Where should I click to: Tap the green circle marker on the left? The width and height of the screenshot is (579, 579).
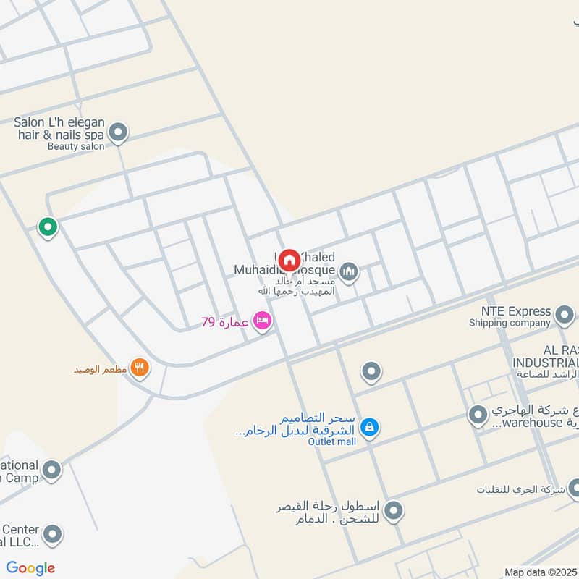(48, 227)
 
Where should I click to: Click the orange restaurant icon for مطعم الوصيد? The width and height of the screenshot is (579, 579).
(140, 368)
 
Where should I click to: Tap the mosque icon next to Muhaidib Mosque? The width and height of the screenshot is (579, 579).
(350, 271)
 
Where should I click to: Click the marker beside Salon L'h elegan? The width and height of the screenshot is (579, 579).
(118, 132)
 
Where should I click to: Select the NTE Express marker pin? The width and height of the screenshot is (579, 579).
(564, 314)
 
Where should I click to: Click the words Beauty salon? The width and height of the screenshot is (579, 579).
(76, 145)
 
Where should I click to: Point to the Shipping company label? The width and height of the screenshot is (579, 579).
(511, 324)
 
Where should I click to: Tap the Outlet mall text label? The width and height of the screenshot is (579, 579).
(332, 441)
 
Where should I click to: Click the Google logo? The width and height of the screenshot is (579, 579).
(30, 568)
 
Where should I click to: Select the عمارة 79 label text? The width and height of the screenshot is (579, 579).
(225, 322)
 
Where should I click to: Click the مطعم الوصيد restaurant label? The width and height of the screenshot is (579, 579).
(101, 369)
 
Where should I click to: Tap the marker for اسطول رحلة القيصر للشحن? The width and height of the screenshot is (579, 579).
(393, 512)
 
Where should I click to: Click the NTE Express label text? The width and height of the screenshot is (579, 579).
(510, 311)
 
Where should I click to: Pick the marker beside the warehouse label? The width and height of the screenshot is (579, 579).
(478, 415)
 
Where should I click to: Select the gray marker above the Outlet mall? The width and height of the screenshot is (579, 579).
(371, 372)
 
